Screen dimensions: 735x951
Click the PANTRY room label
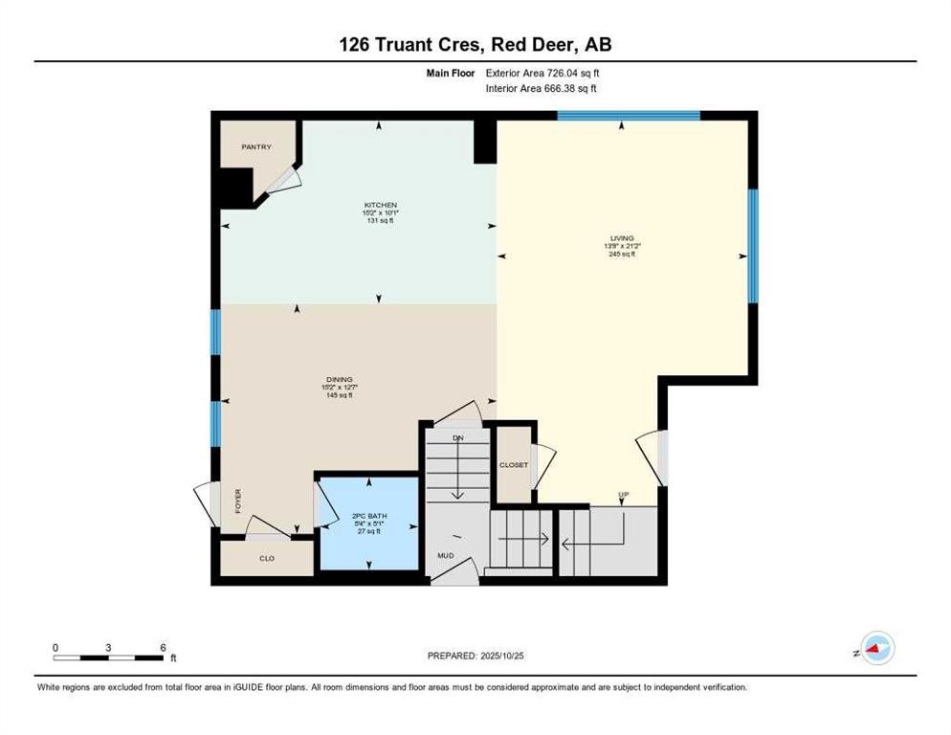[256, 147]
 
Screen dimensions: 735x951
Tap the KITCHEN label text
[380, 205]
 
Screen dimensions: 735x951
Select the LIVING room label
[623, 238]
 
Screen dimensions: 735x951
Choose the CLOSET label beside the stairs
[514, 465]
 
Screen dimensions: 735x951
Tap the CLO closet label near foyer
[267, 558]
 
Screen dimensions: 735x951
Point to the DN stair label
[457, 437]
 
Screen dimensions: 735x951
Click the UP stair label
[623, 495]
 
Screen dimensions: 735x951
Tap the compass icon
[876, 649]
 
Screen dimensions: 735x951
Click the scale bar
[108, 657]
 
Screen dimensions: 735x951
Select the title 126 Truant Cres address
[475, 45]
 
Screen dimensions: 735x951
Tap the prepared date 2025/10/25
[476, 656]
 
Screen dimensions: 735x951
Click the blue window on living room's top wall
[629, 116]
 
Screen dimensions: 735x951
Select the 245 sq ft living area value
[623, 255]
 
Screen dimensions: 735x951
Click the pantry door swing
[283, 183]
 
